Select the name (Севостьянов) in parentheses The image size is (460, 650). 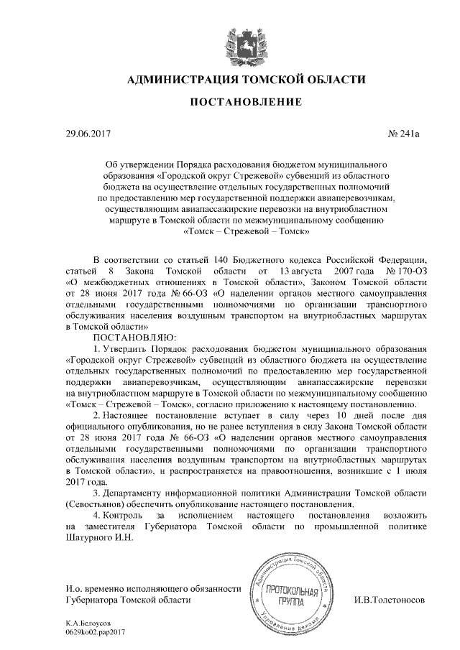(x=100, y=504)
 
